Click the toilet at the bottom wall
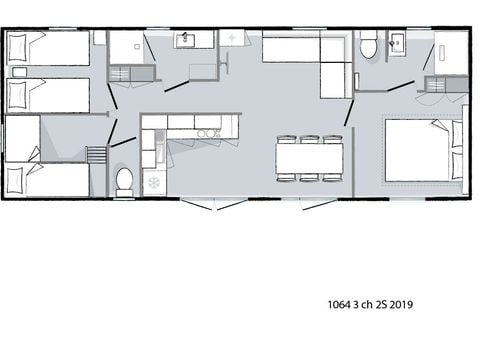click(125, 180)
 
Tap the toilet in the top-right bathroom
click(368, 47)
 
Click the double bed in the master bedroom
click(420, 150)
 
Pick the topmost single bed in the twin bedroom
click(48, 48)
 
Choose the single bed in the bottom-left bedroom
click(48, 180)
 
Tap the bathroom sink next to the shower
click(186, 40)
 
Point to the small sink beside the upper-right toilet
click(397, 43)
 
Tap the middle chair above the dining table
click(310, 139)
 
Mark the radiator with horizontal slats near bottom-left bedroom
click(96, 154)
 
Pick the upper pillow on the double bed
click(457, 134)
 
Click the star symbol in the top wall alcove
click(232, 39)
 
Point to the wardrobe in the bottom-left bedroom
click(22, 138)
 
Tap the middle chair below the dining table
click(310, 178)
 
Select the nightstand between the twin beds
click(17, 72)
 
